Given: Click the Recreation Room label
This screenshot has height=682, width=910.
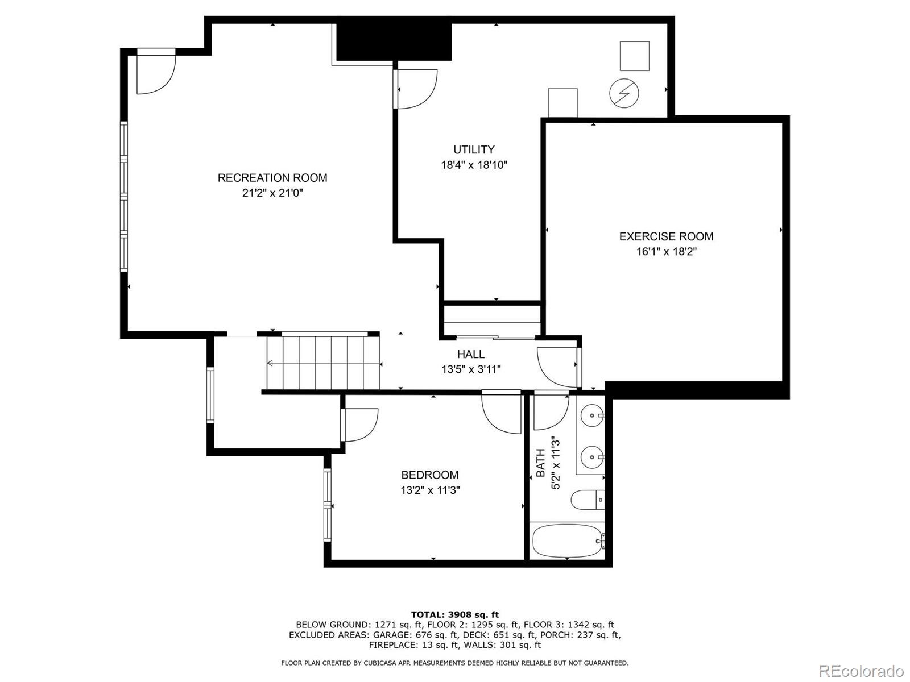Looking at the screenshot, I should tap(272, 178).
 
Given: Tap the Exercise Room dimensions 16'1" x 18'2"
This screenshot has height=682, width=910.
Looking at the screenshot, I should tap(666, 252).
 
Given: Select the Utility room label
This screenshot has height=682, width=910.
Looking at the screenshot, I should tap(474, 149).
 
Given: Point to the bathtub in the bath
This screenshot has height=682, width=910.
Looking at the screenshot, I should tap(566, 541).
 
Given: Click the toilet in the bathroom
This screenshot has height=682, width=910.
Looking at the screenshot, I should tap(586, 500).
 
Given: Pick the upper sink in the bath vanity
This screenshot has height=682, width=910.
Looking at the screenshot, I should tap(594, 415).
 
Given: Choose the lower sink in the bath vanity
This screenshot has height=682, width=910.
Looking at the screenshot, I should tap(593, 456).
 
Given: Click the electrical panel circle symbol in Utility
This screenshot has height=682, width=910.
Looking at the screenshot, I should tap(624, 93).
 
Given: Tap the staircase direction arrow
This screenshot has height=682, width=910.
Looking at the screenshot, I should tap(270, 363).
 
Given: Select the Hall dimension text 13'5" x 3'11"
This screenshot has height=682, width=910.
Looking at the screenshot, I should tap(471, 369).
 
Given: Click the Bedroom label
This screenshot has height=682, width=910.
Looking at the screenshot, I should tap(429, 475).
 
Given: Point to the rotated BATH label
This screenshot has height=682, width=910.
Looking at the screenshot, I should tap(541, 463).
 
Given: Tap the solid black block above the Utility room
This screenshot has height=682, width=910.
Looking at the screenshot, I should tap(394, 41).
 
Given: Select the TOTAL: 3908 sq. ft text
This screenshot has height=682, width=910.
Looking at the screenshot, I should tap(454, 614).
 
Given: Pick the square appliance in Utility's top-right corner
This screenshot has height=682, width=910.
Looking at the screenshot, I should tap(634, 56).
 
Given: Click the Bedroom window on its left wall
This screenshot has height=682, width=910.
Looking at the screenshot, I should tap(328, 505).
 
